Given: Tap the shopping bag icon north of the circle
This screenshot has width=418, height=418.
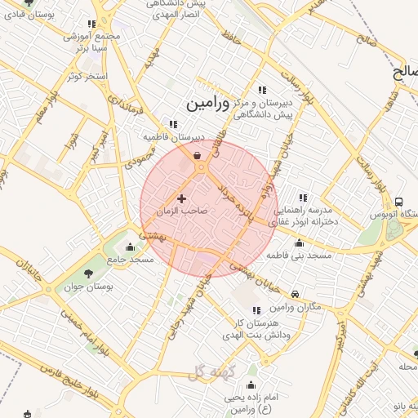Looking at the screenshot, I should coord(197,156).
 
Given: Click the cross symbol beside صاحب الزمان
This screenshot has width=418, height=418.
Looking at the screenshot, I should coord(181,198).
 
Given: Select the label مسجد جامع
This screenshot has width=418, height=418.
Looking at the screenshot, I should coord(129,260).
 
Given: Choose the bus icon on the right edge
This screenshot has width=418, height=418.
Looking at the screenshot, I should coord(398,202).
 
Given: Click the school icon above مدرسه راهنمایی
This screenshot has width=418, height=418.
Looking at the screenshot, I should coord(304,198).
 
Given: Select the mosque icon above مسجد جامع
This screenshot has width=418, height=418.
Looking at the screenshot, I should coord(131,247).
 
